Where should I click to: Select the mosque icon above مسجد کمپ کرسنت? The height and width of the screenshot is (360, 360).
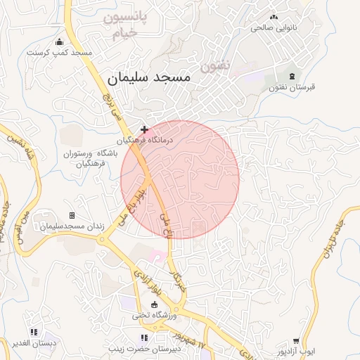point(59,41)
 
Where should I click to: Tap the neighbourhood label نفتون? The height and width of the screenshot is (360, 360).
point(215,66)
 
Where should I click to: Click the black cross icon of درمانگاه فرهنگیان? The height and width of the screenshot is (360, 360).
point(145,129)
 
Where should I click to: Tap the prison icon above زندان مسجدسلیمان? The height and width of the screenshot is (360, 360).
point(72,215)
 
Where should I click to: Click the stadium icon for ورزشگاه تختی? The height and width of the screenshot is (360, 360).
point(155,304)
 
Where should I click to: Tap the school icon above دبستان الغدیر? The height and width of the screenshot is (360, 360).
point(33,332)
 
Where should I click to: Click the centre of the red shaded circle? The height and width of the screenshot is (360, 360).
point(180,179)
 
